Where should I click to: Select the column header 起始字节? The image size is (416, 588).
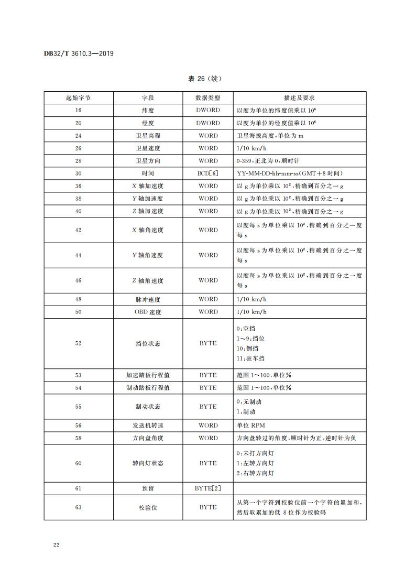[x=78, y=98]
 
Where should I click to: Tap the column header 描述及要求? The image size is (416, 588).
[x=299, y=98]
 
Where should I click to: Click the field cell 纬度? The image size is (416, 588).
[x=147, y=111]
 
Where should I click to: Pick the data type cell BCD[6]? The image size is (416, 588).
[x=207, y=173]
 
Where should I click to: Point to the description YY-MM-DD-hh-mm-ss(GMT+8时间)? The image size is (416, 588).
[x=290, y=173]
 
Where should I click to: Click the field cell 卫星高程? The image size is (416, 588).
[x=147, y=136]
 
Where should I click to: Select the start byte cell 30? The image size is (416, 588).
[x=78, y=173]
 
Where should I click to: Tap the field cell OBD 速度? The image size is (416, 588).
[x=147, y=312]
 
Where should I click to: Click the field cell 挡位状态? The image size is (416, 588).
[x=147, y=344]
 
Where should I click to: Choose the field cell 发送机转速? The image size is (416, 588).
[x=147, y=426]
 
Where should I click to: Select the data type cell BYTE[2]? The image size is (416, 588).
[x=207, y=488]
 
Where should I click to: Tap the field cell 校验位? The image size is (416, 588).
[x=147, y=507]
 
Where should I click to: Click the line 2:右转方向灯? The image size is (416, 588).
[x=255, y=473]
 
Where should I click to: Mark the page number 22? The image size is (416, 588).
[x=56, y=546]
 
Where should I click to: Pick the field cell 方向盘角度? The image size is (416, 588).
[x=147, y=438]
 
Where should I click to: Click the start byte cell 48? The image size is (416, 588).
[x=78, y=299]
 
